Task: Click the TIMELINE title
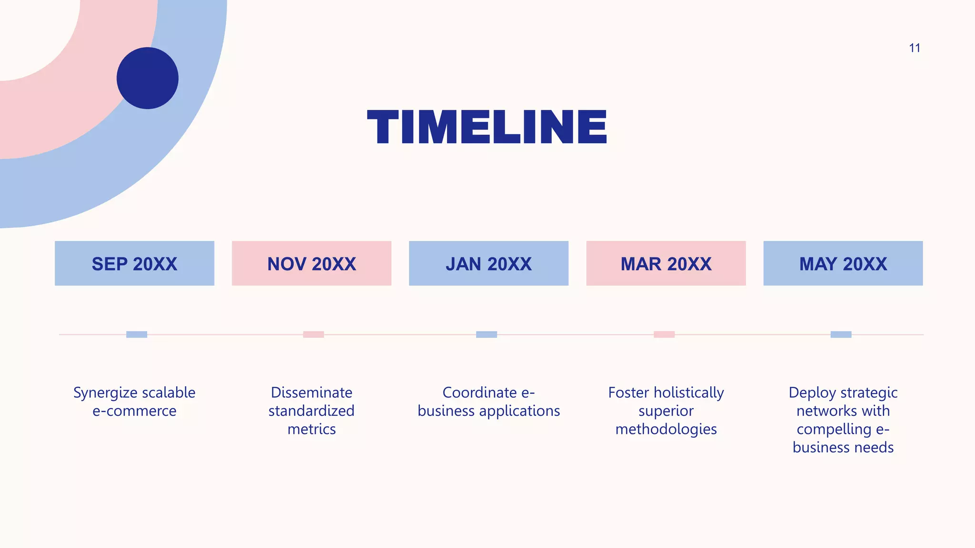click(x=487, y=127)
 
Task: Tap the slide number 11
click(x=914, y=48)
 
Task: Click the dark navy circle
click(x=148, y=78)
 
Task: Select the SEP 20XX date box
click(x=134, y=264)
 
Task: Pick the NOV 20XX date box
click(x=311, y=264)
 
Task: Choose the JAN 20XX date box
click(x=488, y=264)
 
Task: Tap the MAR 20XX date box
click(x=666, y=264)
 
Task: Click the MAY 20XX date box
click(x=843, y=264)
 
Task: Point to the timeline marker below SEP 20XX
click(x=137, y=334)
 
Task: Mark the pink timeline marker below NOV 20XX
click(x=313, y=334)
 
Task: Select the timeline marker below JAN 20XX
click(x=487, y=334)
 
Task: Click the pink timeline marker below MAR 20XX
click(x=664, y=334)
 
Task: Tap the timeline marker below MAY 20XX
click(x=841, y=334)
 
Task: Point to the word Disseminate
click(x=311, y=392)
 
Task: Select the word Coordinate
click(x=479, y=392)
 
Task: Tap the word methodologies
click(x=666, y=430)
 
